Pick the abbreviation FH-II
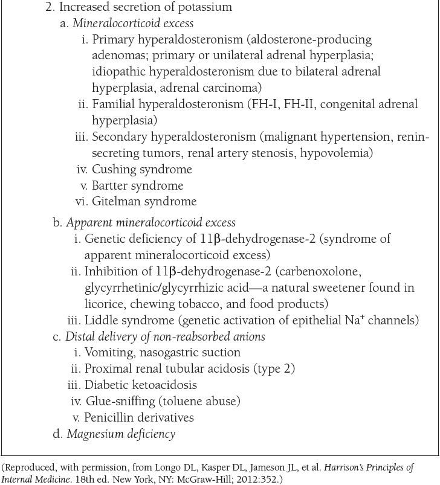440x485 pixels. coord(298,104)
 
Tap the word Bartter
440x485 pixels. coord(112,185)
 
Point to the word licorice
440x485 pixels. coord(104,304)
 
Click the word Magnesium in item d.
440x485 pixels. coord(95,434)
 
